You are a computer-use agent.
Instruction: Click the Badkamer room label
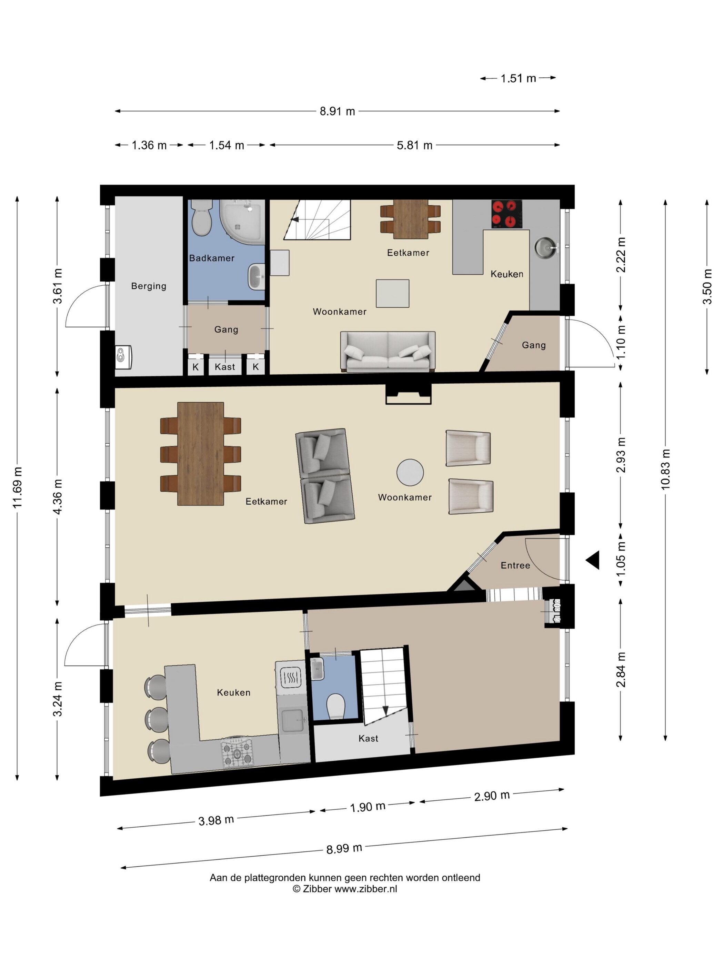pos(212,258)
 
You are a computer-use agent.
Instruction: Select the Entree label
pos(515,565)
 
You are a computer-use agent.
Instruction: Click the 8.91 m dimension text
pos(337,111)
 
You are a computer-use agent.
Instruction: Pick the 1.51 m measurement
pos(518,79)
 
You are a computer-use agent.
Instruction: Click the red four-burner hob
pos(507,214)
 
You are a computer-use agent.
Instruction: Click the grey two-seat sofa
pos(388,352)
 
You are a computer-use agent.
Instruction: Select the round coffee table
pos(410,472)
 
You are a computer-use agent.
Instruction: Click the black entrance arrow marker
pos(593,560)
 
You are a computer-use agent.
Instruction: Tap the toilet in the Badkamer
pos(201,217)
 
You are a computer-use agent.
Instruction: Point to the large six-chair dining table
pos(201,454)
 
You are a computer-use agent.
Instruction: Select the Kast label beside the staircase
pos(368,739)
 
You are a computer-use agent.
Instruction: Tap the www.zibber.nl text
pos(366,889)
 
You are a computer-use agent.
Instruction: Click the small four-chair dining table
pos(410,219)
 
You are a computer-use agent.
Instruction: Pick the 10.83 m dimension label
pos(665,470)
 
